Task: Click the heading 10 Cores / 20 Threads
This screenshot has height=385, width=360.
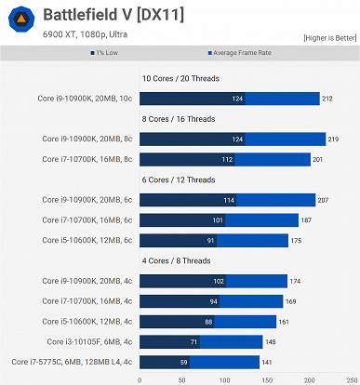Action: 180,79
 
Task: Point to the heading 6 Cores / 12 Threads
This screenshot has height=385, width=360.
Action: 180,179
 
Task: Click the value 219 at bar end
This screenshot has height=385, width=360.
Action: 335,139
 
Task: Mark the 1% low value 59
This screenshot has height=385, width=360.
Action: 183,362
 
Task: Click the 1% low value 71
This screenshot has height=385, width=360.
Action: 193,341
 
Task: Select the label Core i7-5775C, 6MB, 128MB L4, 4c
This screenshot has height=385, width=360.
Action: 73,362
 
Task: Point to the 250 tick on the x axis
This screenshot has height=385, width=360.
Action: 353,378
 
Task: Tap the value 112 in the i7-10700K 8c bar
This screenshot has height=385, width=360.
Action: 226,159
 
